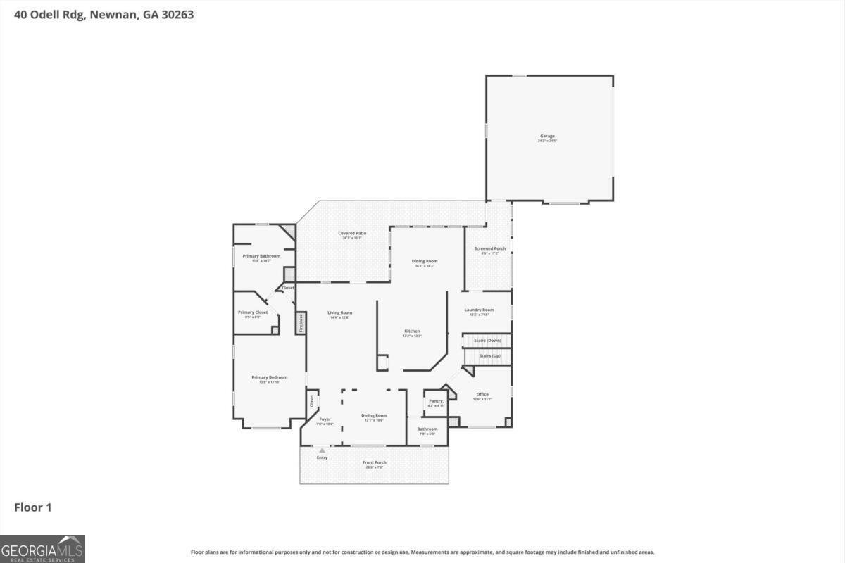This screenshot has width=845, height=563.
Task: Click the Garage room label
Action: click(x=547, y=136)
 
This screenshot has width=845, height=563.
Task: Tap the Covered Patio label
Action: click(x=352, y=233)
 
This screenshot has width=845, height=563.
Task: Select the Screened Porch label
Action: click(x=489, y=248)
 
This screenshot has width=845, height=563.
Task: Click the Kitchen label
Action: click(x=412, y=331)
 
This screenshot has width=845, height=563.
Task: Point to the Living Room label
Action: click(x=339, y=312)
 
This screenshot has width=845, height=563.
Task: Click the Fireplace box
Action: click(x=301, y=324)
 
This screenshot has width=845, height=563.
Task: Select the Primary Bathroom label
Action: click(x=261, y=256)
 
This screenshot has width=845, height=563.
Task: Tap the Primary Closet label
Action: click(x=253, y=312)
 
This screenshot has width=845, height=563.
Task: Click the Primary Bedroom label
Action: click(x=270, y=377)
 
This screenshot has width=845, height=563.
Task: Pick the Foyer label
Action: click(x=325, y=419)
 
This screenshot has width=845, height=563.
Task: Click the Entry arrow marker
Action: click(x=322, y=450)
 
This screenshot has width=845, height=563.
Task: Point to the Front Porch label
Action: click(x=375, y=462)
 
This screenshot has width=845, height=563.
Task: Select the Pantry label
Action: click(x=436, y=401)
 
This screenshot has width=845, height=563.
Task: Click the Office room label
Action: click(x=482, y=394)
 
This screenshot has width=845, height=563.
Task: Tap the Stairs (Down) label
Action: click(x=487, y=341)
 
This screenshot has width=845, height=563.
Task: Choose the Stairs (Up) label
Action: click(x=490, y=356)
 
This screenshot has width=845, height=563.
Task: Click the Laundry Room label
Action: click(x=479, y=310)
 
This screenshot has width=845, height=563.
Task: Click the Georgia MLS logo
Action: click(x=42, y=548)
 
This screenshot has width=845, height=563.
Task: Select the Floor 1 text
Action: click(x=33, y=507)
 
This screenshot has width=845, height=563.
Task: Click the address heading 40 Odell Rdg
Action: click(x=104, y=14)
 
